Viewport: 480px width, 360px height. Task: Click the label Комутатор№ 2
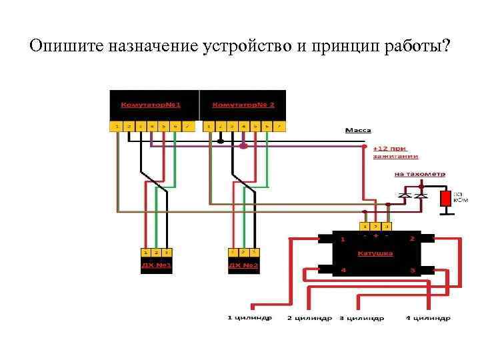(244, 105)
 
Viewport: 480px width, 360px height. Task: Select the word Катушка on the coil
(375, 253)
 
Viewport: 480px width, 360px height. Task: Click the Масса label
(358, 131)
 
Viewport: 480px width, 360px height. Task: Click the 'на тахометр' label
(419, 174)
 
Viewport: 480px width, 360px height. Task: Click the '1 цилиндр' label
(249, 318)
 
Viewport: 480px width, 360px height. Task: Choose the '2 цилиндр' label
(309, 319)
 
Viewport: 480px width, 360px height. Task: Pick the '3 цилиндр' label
(362, 319)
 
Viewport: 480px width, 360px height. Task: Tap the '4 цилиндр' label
(428, 318)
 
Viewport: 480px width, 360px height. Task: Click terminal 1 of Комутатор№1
(116, 126)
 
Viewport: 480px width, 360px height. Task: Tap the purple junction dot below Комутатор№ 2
(244, 145)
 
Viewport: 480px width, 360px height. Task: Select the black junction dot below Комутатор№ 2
(220, 141)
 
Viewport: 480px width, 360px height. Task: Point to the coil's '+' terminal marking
(376, 235)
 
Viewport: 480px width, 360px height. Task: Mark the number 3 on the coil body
(413, 271)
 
